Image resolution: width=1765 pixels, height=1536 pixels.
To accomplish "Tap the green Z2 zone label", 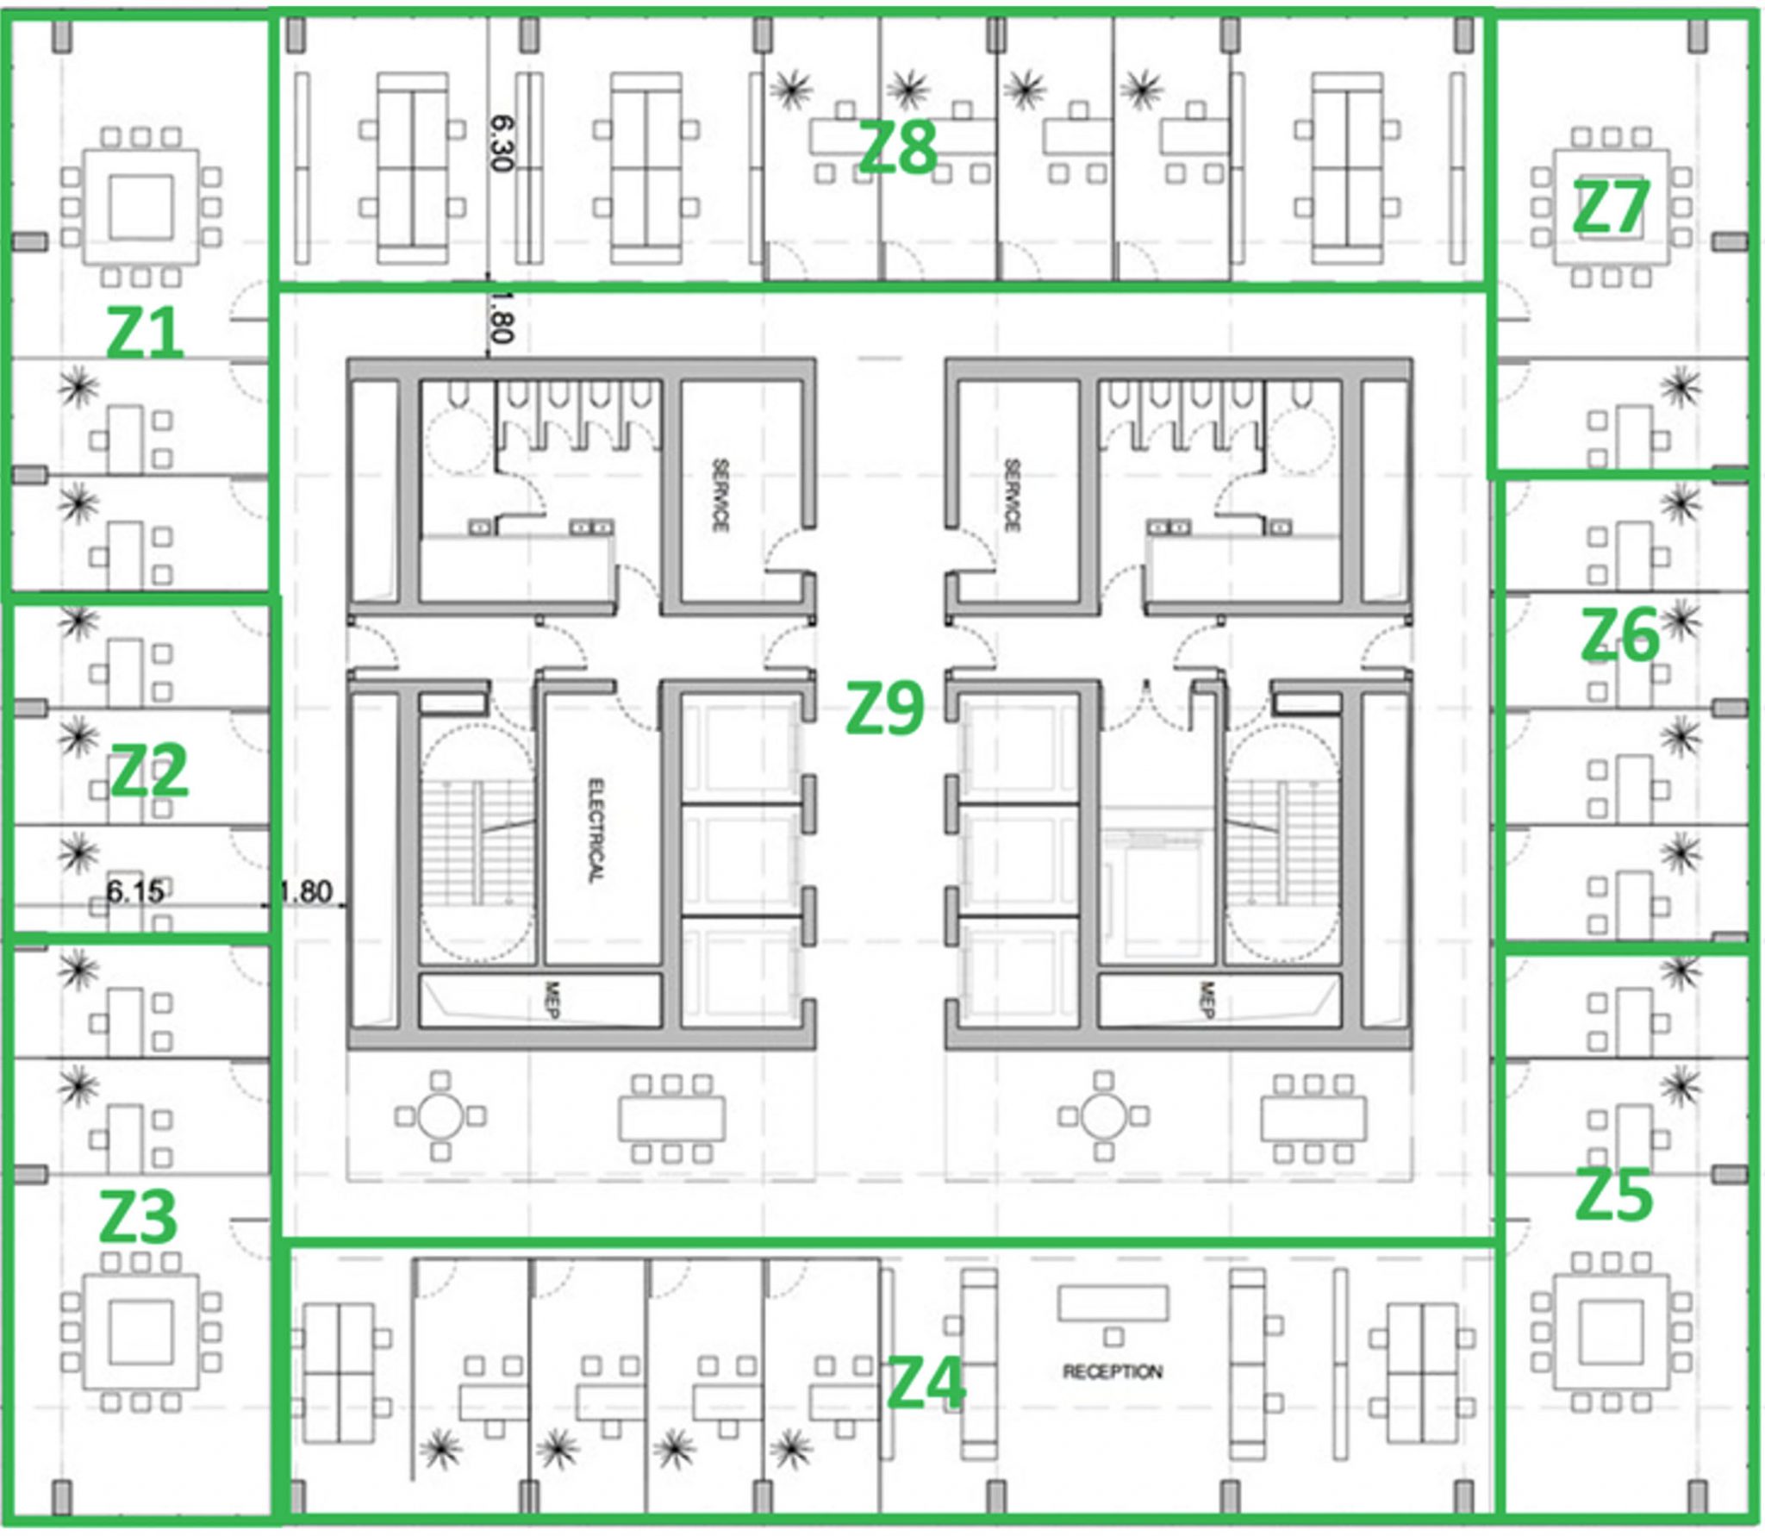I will pyautogui.click(x=149, y=771).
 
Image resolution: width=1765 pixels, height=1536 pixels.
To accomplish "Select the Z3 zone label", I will pyautogui.click(x=138, y=1216).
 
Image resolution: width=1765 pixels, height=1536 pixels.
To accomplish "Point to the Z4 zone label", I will pyautogui.click(x=926, y=1383).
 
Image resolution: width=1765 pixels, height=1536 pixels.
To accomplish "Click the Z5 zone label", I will pyautogui.click(x=1613, y=1196).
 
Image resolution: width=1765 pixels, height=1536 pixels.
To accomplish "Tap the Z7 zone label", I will pyautogui.click(x=1610, y=208).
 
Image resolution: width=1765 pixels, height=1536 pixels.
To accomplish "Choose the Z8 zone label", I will pyautogui.click(x=897, y=147).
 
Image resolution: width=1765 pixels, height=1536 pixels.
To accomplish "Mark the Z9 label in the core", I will pyautogui.click(x=884, y=709).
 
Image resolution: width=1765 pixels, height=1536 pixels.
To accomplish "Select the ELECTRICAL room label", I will pyautogui.click(x=596, y=830).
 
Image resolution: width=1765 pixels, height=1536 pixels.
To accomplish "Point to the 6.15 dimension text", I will pyautogui.click(x=134, y=890).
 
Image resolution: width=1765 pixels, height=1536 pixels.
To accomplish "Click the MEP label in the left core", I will pyautogui.click(x=553, y=1000).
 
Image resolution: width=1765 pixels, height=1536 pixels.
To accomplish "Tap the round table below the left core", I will pyautogui.click(x=440, y=1117).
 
